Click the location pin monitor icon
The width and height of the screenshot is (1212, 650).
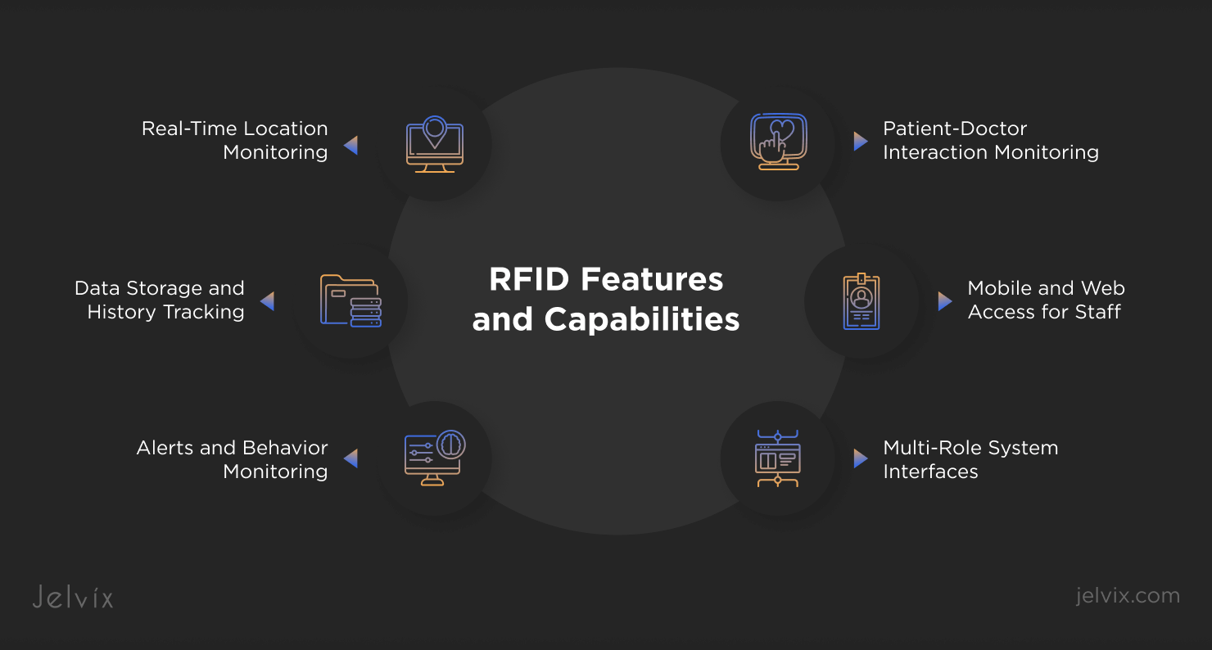[x=435, y=145]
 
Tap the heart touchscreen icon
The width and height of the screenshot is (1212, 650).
[x=777, y=142]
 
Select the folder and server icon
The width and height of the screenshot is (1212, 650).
[x=350, y=300]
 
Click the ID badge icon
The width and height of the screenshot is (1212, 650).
[x=861, y=301]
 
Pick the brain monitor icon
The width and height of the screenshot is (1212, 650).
[x=434, y=458]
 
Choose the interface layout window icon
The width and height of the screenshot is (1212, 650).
[x=777, y=458]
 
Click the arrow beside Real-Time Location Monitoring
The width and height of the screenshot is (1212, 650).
[x=350, y=146]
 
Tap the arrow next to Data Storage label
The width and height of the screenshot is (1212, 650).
[x=267, y=301]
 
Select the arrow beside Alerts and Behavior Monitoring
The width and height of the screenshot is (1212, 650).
[x=350, y=458]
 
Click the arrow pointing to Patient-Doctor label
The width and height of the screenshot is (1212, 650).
[x=860, y=141]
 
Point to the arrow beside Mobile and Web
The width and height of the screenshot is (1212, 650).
[x=944, y=300]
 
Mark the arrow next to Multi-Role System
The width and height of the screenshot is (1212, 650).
[x=860, y=458]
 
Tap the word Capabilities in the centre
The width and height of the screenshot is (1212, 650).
[x=642, y=319]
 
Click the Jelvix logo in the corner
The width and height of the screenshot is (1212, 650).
[x=73, y=597]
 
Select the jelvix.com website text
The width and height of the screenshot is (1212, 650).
[x=1128, y=595]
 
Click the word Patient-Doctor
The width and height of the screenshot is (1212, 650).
[x=955, y=129]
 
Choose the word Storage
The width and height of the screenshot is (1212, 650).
[x=161, y=288]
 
